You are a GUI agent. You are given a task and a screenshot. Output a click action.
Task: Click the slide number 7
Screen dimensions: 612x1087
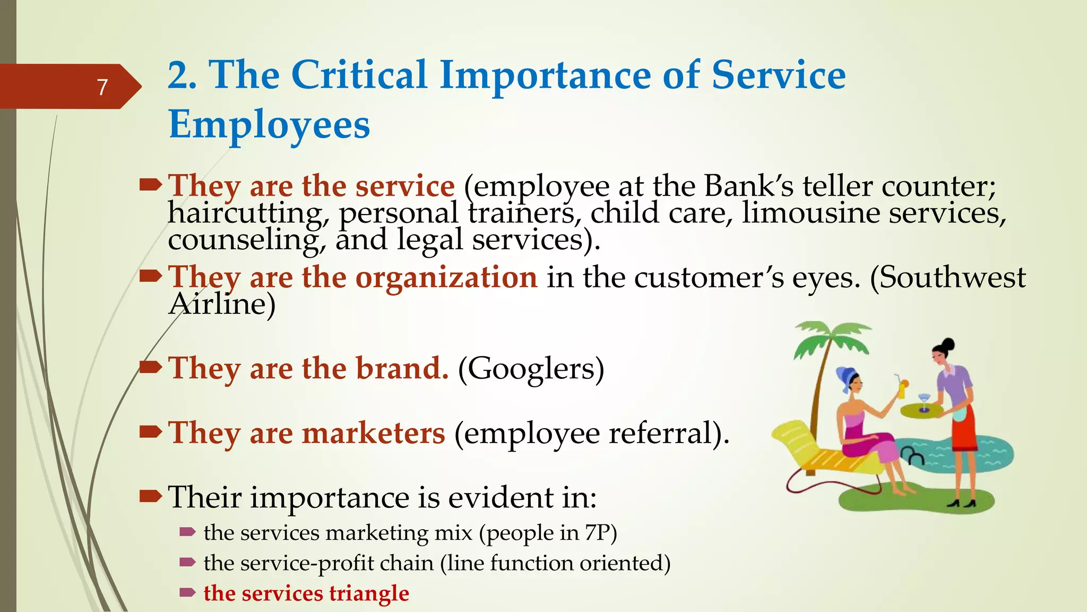[x=102, y=87]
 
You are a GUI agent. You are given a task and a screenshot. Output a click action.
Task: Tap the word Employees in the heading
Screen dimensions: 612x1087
[x=269, y=125]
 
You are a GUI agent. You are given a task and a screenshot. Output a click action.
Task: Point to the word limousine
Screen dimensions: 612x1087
[x=810, y=213]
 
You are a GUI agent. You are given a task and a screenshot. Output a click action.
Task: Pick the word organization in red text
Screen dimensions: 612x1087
[x=446, y=277]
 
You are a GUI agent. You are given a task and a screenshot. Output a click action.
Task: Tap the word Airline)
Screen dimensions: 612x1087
[x=222, y=304]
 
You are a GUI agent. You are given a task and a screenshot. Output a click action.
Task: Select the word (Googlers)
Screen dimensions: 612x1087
[x=531, y=368]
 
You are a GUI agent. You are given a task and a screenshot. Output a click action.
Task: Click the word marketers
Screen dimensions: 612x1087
[x=373, y=432]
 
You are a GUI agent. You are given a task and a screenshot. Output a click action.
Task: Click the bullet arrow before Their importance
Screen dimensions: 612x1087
[x=150, y=497]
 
